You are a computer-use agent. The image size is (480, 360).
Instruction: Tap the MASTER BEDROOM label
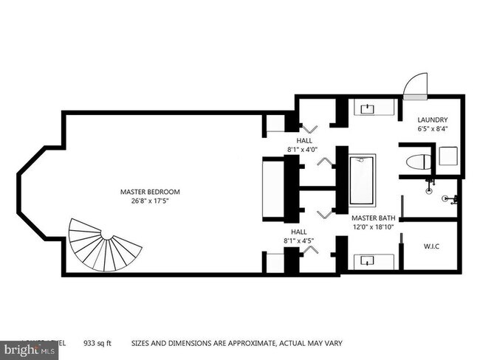(x=150, y=192)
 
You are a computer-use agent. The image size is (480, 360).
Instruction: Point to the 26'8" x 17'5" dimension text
(x=150, y=201)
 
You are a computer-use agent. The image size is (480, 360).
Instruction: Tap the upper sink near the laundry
(x=367, y=109)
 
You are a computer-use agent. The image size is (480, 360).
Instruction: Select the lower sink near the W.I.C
(x=367, y=259)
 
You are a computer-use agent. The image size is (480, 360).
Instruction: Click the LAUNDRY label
(x=432, y=120)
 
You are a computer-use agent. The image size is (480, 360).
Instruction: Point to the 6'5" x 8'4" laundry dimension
(x=432, y=129)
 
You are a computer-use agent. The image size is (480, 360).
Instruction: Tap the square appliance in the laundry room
(x=447, y=156)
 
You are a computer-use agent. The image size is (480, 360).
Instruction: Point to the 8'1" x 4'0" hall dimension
(x=305, y=149)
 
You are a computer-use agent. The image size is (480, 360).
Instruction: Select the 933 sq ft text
(x=99, y=343)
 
